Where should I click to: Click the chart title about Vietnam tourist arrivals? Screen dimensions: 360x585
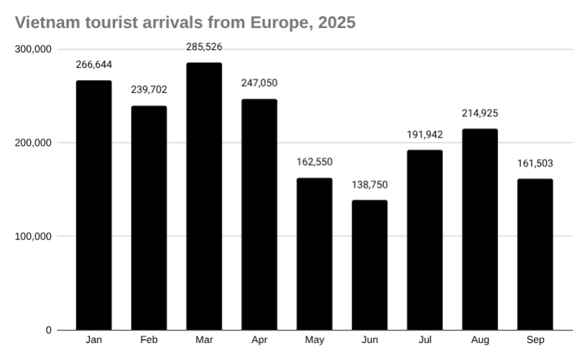pyautogui.click(x=185, y=23)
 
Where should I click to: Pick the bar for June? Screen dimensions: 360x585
pyautogui.click(x=369, y=265)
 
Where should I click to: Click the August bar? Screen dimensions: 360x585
pyautogui.click(x=480, y=229)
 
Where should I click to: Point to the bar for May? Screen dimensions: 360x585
pyautogui.click(x=315, y=254)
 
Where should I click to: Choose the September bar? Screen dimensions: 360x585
pyautogui.click(x=535, y=254)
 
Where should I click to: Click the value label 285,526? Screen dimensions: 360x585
pyautogui.click(x=204, y=47)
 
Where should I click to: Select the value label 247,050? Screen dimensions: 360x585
pyautogui.click(x=259, y=83)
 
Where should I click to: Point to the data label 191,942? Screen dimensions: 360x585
pyautogui.click(x=424, y=134)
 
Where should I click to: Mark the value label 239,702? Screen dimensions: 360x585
pyautogui.click(x=149, y=90)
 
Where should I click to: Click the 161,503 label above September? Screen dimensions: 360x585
pyautogui.click(x=535, y=163)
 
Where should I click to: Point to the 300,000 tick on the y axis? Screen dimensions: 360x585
pyautogui.click(x=32, y=49)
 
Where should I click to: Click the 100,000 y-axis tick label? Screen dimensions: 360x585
pyautogui.click(x=32, y=236)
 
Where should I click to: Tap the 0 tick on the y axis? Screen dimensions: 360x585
pyautogui.click(x=49, y=331)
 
